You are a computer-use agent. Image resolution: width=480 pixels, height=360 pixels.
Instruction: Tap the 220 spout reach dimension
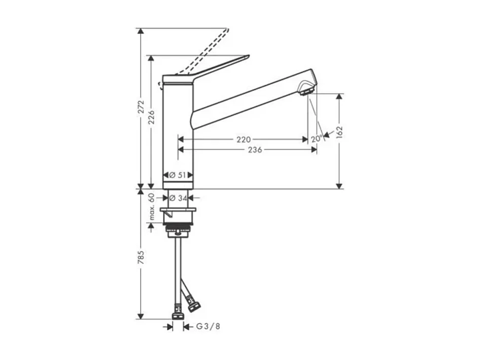tap(244, 139)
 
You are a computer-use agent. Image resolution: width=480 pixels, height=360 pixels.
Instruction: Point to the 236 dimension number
tap(255, 150)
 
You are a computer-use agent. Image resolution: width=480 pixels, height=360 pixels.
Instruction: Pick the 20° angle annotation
tap(317, 138)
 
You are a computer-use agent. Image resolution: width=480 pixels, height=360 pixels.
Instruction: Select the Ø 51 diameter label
tap(178, 174)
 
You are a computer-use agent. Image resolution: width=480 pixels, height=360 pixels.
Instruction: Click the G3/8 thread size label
tap(209, 326)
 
